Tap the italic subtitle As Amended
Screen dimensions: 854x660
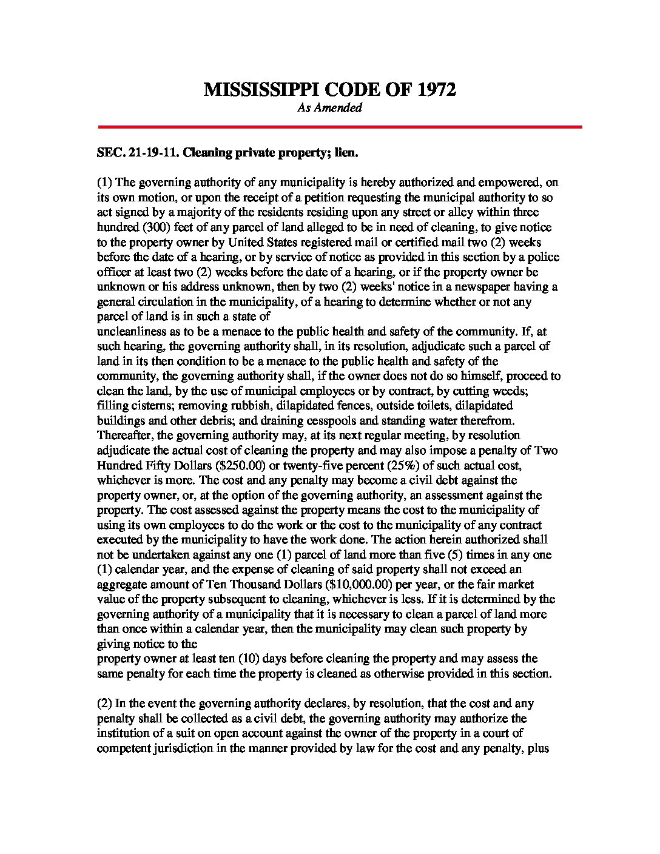[329, 108]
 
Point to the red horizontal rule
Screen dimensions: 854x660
[340, 127]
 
